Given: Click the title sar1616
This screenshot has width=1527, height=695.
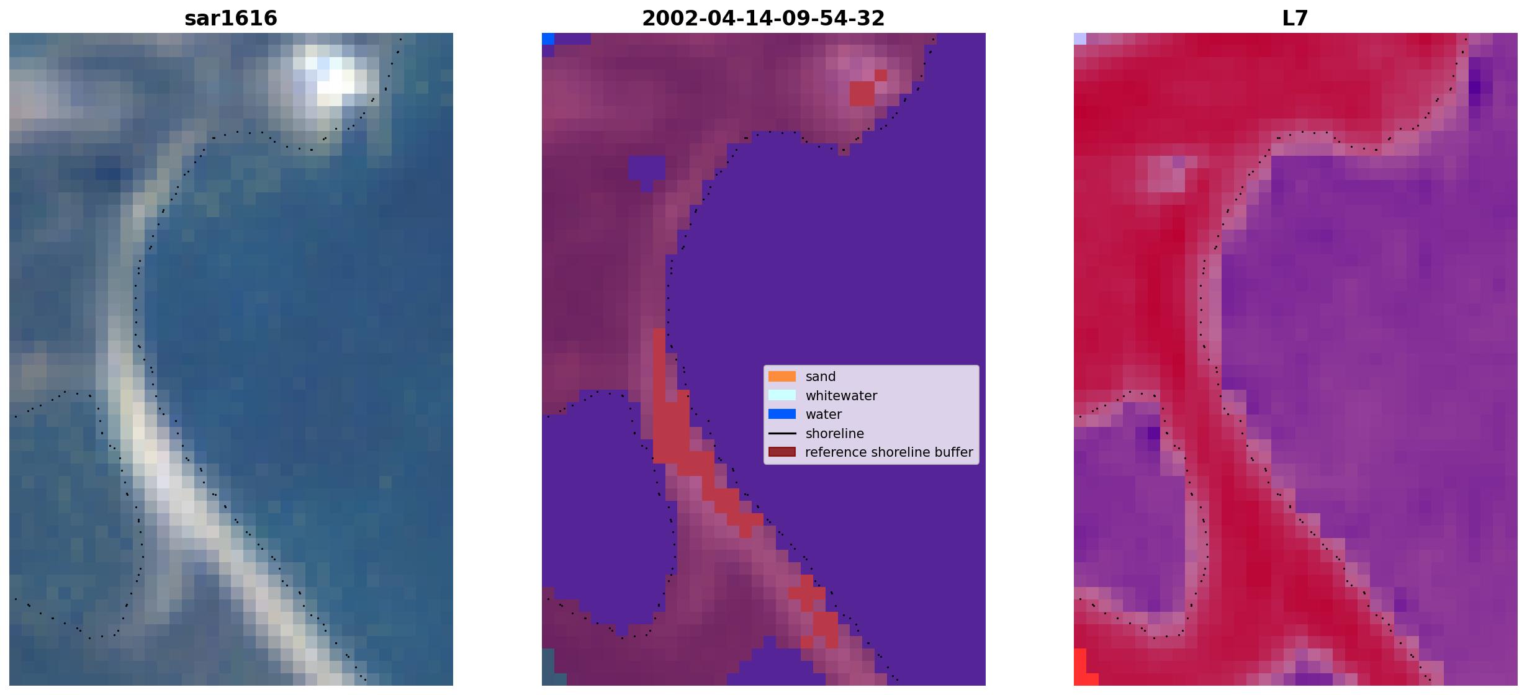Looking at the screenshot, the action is [231, 19].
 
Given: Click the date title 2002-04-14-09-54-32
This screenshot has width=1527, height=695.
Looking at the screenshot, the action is [763, 19].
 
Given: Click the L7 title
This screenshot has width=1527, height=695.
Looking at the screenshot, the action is [1295, 19].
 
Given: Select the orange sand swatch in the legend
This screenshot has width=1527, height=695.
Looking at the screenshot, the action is [782, 377].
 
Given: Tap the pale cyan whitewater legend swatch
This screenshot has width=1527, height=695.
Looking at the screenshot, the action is [782, 395].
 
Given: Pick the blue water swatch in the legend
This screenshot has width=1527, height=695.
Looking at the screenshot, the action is [782, 415].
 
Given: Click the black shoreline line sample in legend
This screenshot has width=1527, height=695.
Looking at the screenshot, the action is [782, 434].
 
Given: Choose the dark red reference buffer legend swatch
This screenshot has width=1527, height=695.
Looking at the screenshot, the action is [782, 452].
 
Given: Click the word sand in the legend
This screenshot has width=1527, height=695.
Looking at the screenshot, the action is [821, 377].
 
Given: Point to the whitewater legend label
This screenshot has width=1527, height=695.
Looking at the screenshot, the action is [841, 396].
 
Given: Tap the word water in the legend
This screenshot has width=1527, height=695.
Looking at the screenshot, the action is [824, 415].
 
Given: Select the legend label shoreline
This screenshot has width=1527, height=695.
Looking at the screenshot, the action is [835, 434].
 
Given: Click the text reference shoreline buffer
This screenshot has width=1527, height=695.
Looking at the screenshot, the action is [889, 452].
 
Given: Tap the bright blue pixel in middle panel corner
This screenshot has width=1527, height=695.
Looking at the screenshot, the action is [548, 38].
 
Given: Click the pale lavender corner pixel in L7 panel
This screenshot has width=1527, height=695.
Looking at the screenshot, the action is [1080, 38].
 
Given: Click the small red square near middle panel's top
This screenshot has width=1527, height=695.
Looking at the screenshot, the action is [862, 94].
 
